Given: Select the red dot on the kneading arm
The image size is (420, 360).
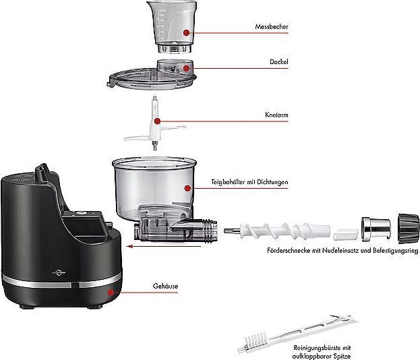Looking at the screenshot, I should [158, 121].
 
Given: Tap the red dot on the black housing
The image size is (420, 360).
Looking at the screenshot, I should [110, 292].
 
